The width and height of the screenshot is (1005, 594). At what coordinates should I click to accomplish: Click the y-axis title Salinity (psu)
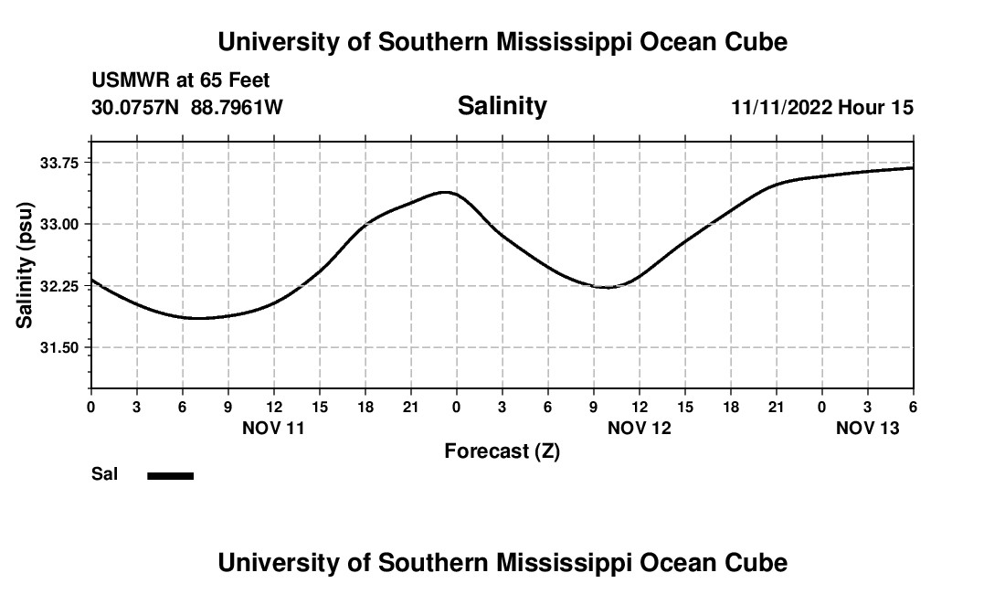[25, 265]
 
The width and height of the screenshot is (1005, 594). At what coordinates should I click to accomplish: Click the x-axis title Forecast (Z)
[502, 451]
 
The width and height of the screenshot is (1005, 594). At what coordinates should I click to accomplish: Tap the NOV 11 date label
[273, 428]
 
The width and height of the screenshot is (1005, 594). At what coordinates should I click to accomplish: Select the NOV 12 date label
[639, 428]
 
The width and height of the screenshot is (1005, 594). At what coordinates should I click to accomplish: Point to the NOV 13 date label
[867, 428]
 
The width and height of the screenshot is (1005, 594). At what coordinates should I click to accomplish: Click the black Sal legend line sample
[171, 475]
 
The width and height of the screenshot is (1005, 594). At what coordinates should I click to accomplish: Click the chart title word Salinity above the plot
[502, 106]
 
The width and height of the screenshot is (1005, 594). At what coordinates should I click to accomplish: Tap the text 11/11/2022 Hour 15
[822, 108]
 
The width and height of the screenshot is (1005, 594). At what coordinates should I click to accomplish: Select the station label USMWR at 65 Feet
[181, 81]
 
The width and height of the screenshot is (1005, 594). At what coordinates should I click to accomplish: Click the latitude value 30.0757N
[135, 108]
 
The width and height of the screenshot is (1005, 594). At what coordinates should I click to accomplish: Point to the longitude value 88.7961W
[237, 108]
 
